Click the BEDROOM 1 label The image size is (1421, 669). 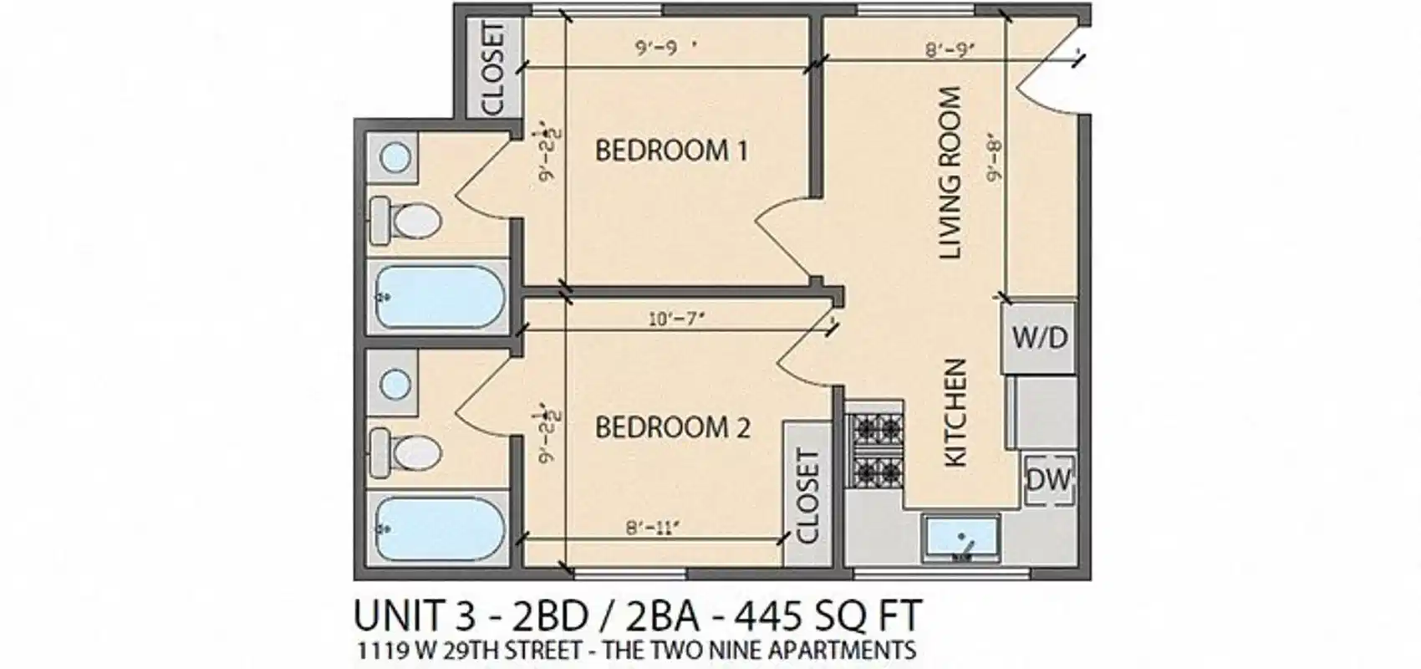(x=671, y=151)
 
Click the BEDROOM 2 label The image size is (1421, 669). (x=672, y=428)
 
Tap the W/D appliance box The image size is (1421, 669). (x=1040, y=338)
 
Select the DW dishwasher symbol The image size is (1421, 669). (x=1048, y=479)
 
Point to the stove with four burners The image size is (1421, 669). (x=875, y=451)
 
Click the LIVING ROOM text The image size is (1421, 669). (x=952, y=173)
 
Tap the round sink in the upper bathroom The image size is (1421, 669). (x=395, y=157)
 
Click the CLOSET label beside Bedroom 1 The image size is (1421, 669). (x=493, y=69)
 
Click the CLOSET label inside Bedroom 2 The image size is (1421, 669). (x=807, y=496)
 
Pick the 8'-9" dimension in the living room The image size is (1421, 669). (x=950, y=50)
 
